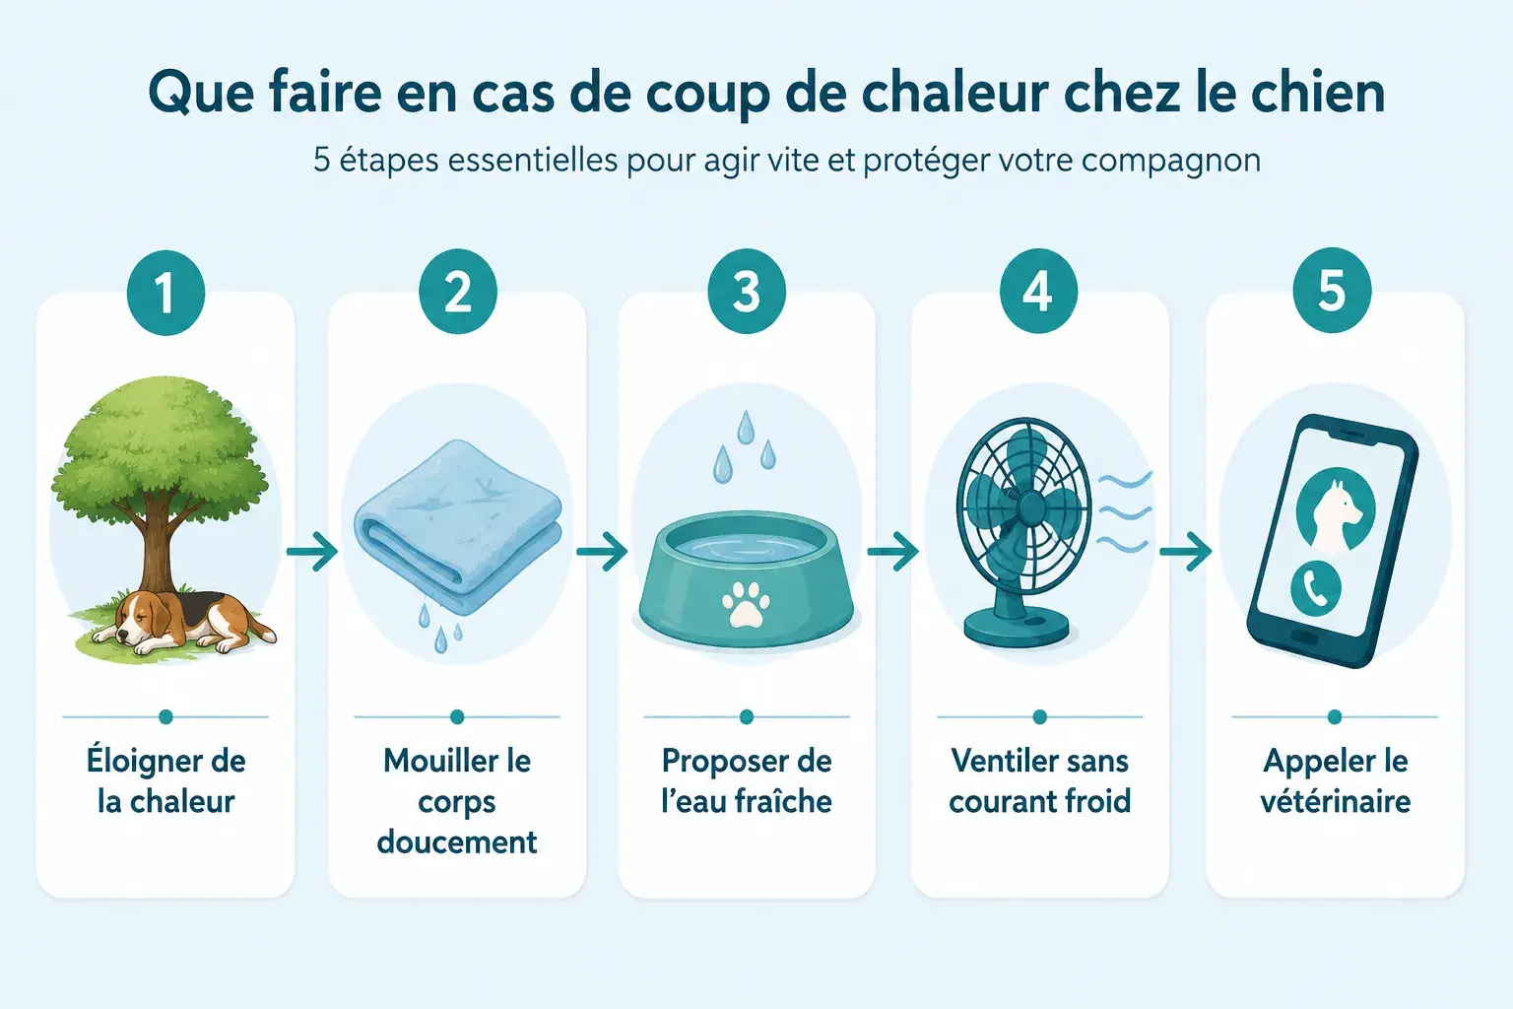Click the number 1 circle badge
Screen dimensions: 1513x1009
tap(165, 292)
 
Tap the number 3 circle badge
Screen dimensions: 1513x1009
tap(747, 292)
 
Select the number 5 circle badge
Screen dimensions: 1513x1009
tap(1332, 291)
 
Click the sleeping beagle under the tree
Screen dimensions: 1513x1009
tap(182, 623)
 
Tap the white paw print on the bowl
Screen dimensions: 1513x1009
tap(746, 603)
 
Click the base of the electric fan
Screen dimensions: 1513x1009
tap(1017, 626)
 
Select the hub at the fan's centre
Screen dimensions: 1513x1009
tap(1030, 506)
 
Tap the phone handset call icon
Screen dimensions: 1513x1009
tap(1316, 588)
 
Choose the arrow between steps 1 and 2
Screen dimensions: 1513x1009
tap(312, 552)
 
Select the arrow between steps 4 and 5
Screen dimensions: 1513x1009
tap(1185, 552)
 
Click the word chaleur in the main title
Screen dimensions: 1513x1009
tap(954, 93)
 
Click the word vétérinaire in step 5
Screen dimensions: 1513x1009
tap(1336, 801)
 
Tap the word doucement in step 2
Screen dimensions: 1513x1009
tap(457, 842)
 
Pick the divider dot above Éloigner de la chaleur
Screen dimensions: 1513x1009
tap(165, 717)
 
